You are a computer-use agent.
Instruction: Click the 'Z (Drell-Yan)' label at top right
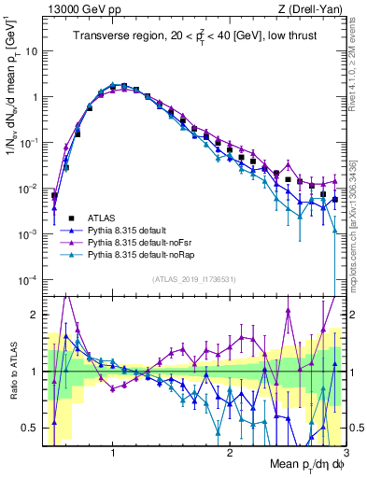pyautogui.click(x=316, y=9)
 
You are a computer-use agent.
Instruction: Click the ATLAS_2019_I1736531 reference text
pyautogui.click(x=193, y=278)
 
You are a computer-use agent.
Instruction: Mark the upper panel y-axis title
pyautogui.click(x=12, y=112)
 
